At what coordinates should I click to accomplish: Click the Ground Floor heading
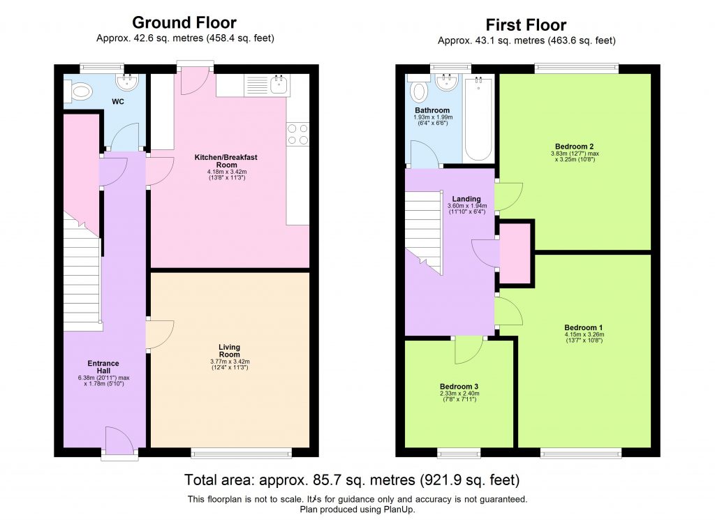pyautogui.click(x=184, y=24)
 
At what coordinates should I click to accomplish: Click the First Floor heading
pyautogui.click(x=526, y=25)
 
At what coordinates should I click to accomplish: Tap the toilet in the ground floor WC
pyautogui.click(x=80, y=91)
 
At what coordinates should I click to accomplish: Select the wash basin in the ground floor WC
pyautogui.click(x=128, y=84)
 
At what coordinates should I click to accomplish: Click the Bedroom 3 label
pyautogui.click(x=459, y=386)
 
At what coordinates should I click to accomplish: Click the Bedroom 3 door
pyautogui.click(x=468, y=349)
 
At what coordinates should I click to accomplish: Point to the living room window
pyautogui.click(x=242, y=453)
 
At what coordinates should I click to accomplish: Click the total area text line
pyautogui.click(x=352, y=480)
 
